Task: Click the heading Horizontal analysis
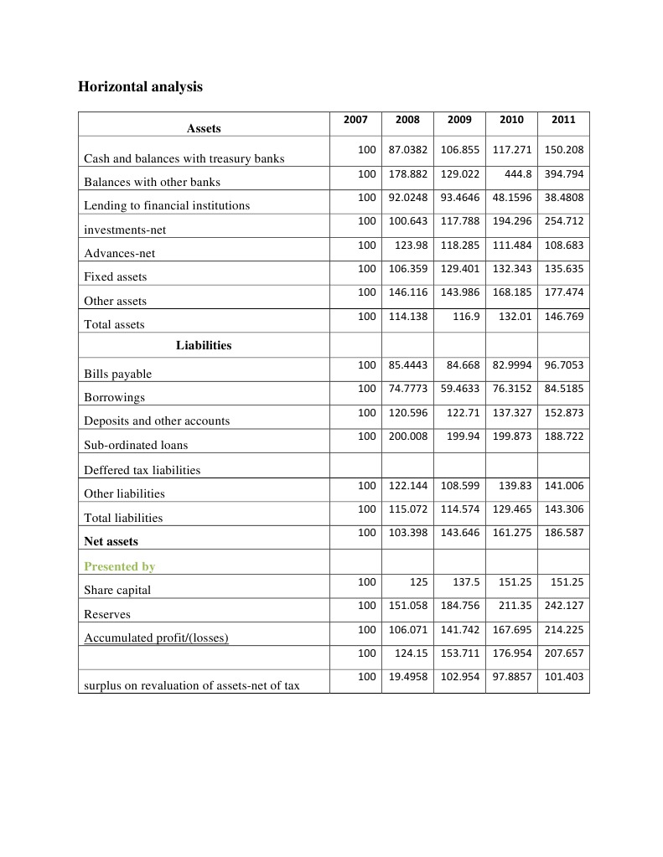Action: click(x=140, y=86)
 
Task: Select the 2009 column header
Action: click(x=459, y=120)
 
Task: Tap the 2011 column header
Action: click(x=563, y=120)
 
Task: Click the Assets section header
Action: click(x=204, y=128)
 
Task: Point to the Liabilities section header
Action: click(x=204, y=345)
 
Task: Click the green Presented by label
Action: click(x=118, y=566)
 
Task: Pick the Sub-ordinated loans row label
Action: click(x=135, y=445)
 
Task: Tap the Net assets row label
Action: click(x=110, y=541)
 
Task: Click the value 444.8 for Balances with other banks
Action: click(x=517, y=173)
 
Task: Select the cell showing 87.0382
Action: click(x=408, y=150)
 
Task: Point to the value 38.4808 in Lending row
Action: click(x=563, y=198)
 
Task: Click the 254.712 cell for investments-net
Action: click(x=565, y=221)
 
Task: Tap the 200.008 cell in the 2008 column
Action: click(x=408, y=436)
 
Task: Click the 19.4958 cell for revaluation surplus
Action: click(x=408, y=676)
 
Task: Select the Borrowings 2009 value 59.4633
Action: click(x=460, y=389)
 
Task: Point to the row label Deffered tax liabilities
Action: click(x=142, y=470)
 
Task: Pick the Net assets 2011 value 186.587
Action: click(x=565, y=533)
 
